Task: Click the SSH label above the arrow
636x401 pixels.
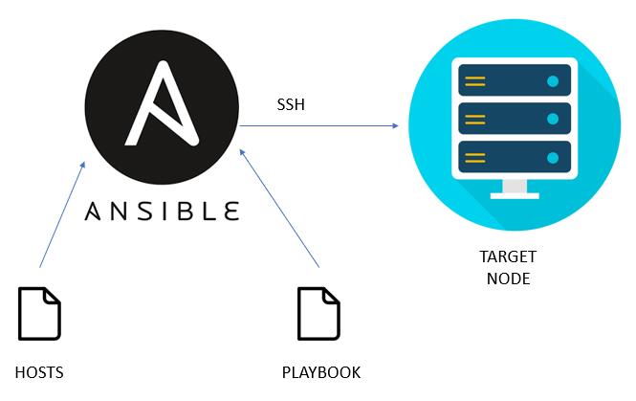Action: tap(291, 104)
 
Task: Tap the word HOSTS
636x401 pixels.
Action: tap(39, 372)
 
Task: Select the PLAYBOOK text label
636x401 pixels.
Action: tap(321, 372)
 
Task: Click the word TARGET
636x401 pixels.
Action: tap(508, 256)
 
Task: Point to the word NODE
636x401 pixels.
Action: tap(508, 278)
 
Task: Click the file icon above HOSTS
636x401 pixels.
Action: tap(39, 313)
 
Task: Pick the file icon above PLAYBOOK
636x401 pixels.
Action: tap(318, 313)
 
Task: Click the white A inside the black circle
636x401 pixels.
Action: tap(162, 103)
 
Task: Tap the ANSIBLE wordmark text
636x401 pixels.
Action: tap(162, 212)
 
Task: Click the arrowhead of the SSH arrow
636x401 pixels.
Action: tap(395, 125)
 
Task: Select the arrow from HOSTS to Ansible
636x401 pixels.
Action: tap(62, 214)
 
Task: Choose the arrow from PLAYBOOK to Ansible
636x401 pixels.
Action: tap(279, 209)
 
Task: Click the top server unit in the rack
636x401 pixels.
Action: tap(515, 80)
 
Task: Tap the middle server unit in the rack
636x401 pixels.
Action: tap(515, 119)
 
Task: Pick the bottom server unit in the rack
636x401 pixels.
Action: tap(515, 157)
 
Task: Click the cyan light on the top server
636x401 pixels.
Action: tap(553, 81)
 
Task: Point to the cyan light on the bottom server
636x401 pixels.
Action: tap(553, 158)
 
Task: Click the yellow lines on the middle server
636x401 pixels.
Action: tap(475, 120)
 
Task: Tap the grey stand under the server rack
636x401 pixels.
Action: tap(515, 189)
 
